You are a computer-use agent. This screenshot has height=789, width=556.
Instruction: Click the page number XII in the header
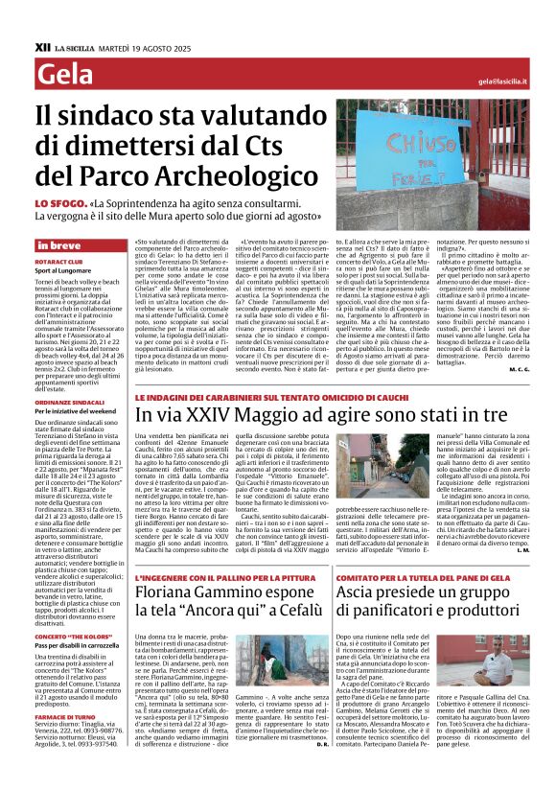[x=42, y=45]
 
